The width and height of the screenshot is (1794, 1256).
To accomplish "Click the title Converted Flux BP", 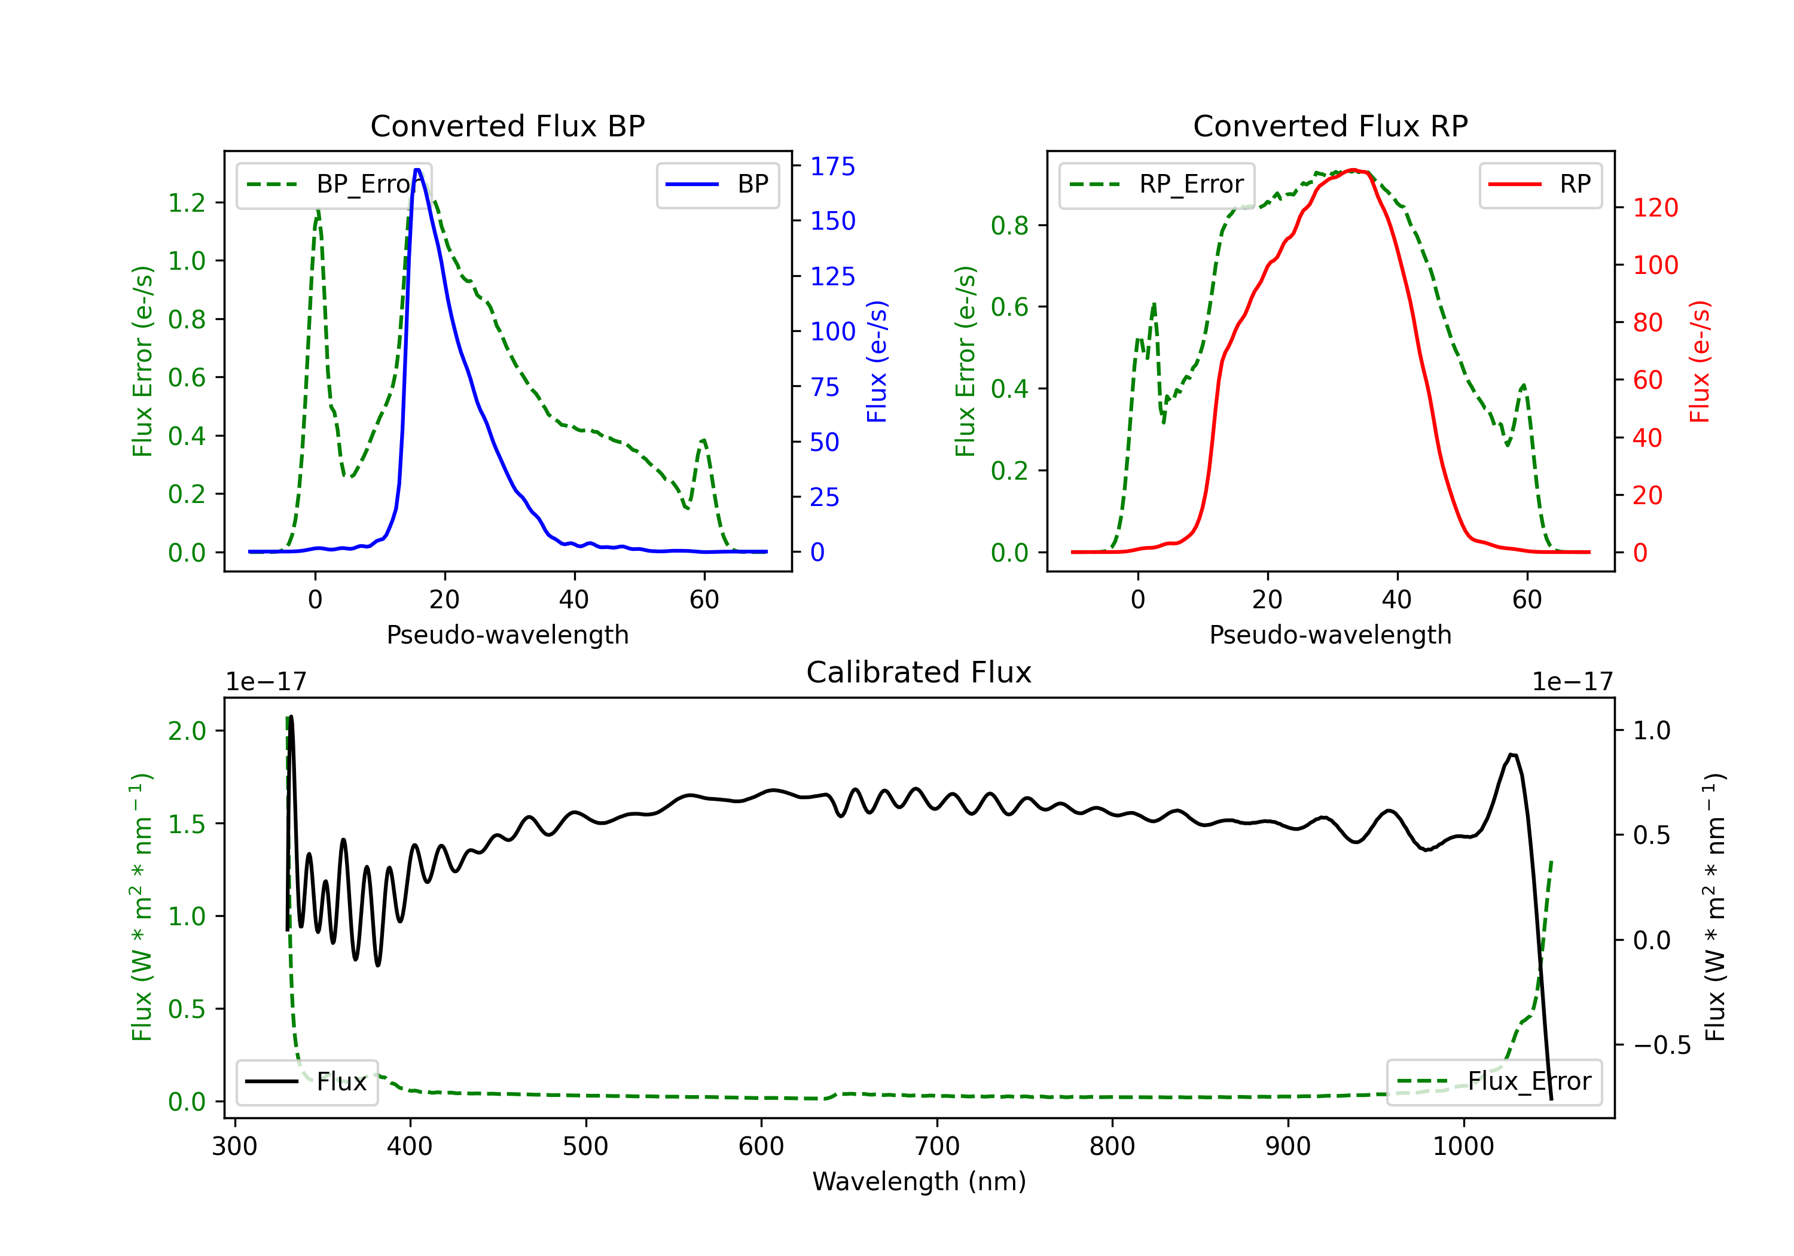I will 507,126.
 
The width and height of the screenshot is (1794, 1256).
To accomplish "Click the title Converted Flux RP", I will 1330,126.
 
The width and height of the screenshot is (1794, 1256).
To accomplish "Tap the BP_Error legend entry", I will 334,184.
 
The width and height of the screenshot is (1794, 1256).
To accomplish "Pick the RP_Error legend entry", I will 1157,184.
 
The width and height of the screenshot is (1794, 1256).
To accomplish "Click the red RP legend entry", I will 1540,184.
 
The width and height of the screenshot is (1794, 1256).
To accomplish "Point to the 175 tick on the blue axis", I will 832,166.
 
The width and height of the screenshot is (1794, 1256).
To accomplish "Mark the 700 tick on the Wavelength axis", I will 937,1146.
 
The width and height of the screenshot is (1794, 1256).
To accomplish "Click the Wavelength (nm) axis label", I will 919,1181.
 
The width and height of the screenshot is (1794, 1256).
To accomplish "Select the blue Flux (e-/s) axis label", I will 877,361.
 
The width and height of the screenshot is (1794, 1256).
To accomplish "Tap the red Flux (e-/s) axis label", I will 1700,361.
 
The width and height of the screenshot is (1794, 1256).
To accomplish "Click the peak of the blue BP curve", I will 417,170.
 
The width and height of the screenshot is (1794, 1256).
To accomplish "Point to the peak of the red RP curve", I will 1354,170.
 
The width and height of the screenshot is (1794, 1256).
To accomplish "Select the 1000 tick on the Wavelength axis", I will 1463,1146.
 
